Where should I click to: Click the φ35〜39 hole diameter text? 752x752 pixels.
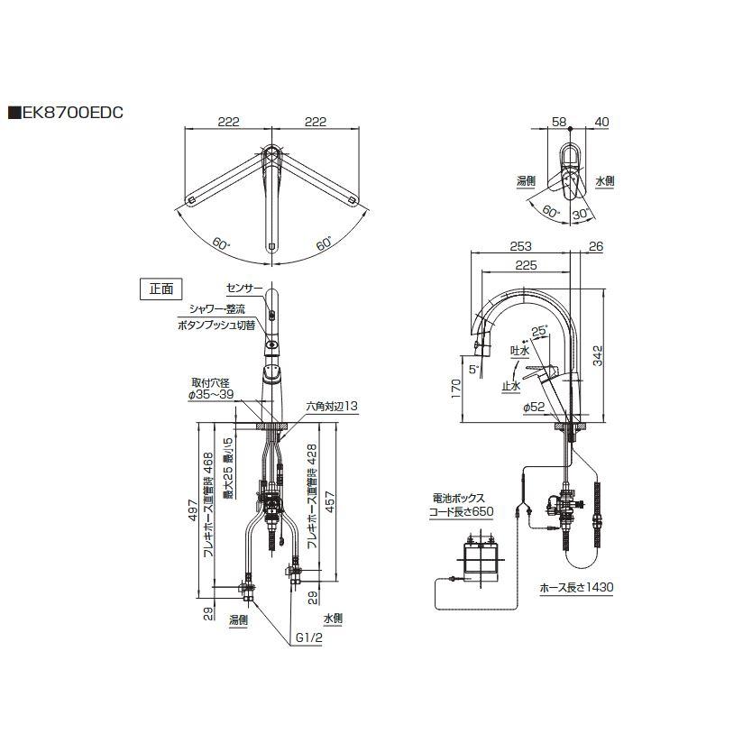(x=210, y=394)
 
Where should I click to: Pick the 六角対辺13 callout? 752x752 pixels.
(x=333, y=408)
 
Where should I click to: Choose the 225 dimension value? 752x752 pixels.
(x=527, y=265)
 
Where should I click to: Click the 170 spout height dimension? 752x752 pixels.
(x=456, y=389)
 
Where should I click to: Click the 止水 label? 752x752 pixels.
(x=511, y=385)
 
